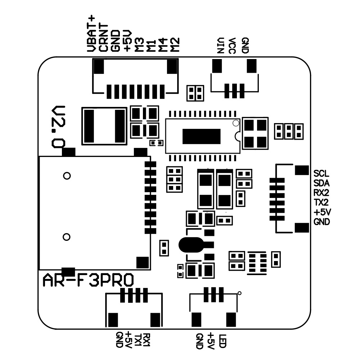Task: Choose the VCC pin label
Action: click(x=232, y=45)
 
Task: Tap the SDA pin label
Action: click(x=321, y=182)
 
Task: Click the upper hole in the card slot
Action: click(x=66, y=176)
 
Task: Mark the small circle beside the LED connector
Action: click(x=240, y=293)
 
